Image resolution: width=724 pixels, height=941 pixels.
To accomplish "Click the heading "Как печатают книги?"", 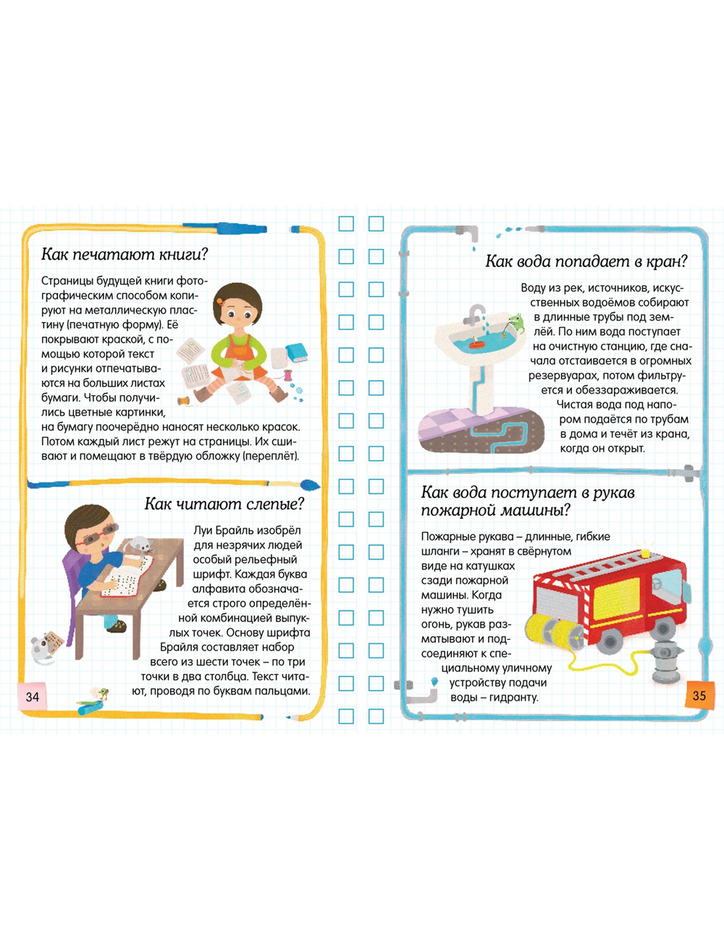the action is tap(125, 254).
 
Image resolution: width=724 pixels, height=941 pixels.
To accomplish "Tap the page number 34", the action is tap(33, 697).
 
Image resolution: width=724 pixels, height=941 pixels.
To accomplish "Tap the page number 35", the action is tap(699, 696).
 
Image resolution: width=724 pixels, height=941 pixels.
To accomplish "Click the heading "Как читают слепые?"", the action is tap(224, 504).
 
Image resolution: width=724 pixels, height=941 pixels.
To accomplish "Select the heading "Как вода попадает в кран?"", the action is tap(586, 261).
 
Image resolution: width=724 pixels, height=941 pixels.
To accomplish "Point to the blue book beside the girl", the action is tap(297, 352).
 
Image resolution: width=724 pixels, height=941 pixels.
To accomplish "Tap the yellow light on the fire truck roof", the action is tap(646, 552).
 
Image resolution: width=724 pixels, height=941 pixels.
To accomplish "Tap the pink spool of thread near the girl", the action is tap(287, 374).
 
